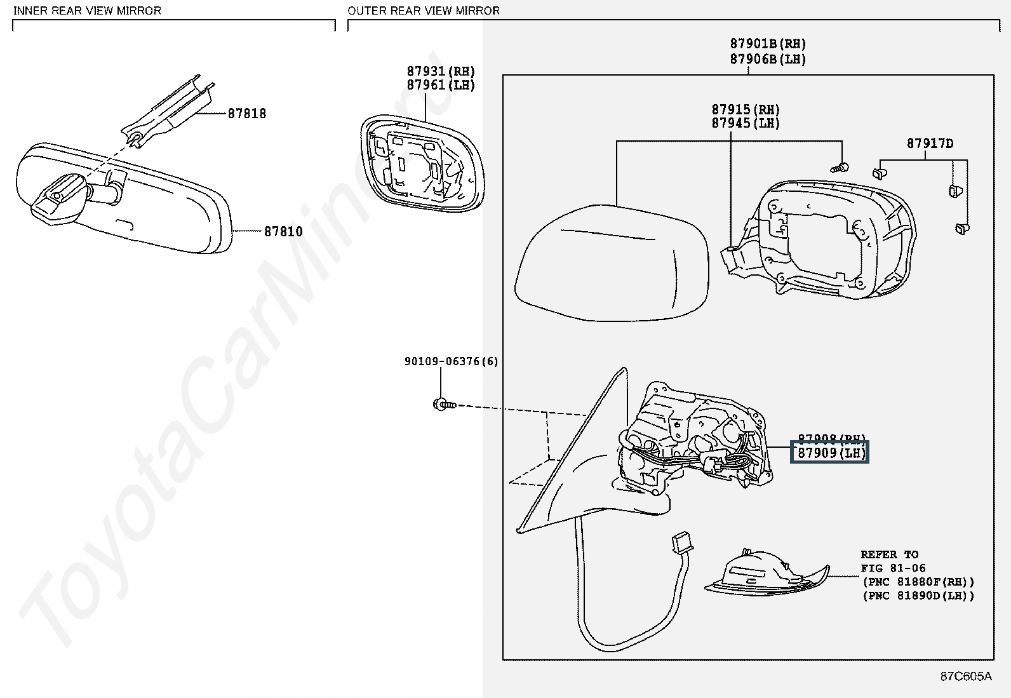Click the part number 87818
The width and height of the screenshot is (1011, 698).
coord(247,114)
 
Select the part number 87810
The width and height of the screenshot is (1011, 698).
coord(283,232)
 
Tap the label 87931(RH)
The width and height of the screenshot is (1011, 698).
coord(441,72)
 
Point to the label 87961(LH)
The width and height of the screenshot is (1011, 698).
coord(441,85)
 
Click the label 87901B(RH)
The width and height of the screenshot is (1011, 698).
coord(768,44)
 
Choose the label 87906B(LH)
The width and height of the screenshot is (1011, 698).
coord(768,59)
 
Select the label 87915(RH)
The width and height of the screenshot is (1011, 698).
coord(746,110)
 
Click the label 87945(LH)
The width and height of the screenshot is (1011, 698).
coord(746,123)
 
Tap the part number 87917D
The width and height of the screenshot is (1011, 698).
coord(930,144)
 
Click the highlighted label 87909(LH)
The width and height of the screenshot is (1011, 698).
coord(829,453)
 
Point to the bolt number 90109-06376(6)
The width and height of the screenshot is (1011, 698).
coord(451,361)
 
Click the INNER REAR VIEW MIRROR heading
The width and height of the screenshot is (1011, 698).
coord(87,11)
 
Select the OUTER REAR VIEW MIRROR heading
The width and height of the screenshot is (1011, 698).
coord(424,11)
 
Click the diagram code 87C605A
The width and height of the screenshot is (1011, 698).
coord(966,676)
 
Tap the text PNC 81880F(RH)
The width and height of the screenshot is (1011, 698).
coord(918,582)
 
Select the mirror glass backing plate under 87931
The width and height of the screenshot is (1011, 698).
coord(420,164)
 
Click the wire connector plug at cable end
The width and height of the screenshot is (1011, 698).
coord(683,542)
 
